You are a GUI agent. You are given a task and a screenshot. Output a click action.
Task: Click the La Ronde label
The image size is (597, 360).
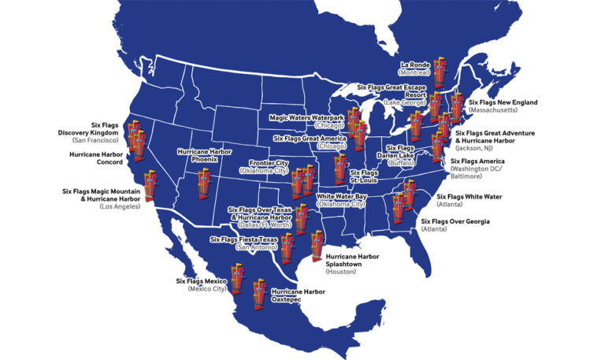click(415, 69)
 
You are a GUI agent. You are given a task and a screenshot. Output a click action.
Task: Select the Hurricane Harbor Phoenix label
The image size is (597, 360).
click(203, 154)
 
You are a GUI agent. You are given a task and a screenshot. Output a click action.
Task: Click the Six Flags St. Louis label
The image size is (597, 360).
click(364, 176)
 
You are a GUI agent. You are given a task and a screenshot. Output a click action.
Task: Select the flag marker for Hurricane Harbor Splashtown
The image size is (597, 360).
click(317, 247)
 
